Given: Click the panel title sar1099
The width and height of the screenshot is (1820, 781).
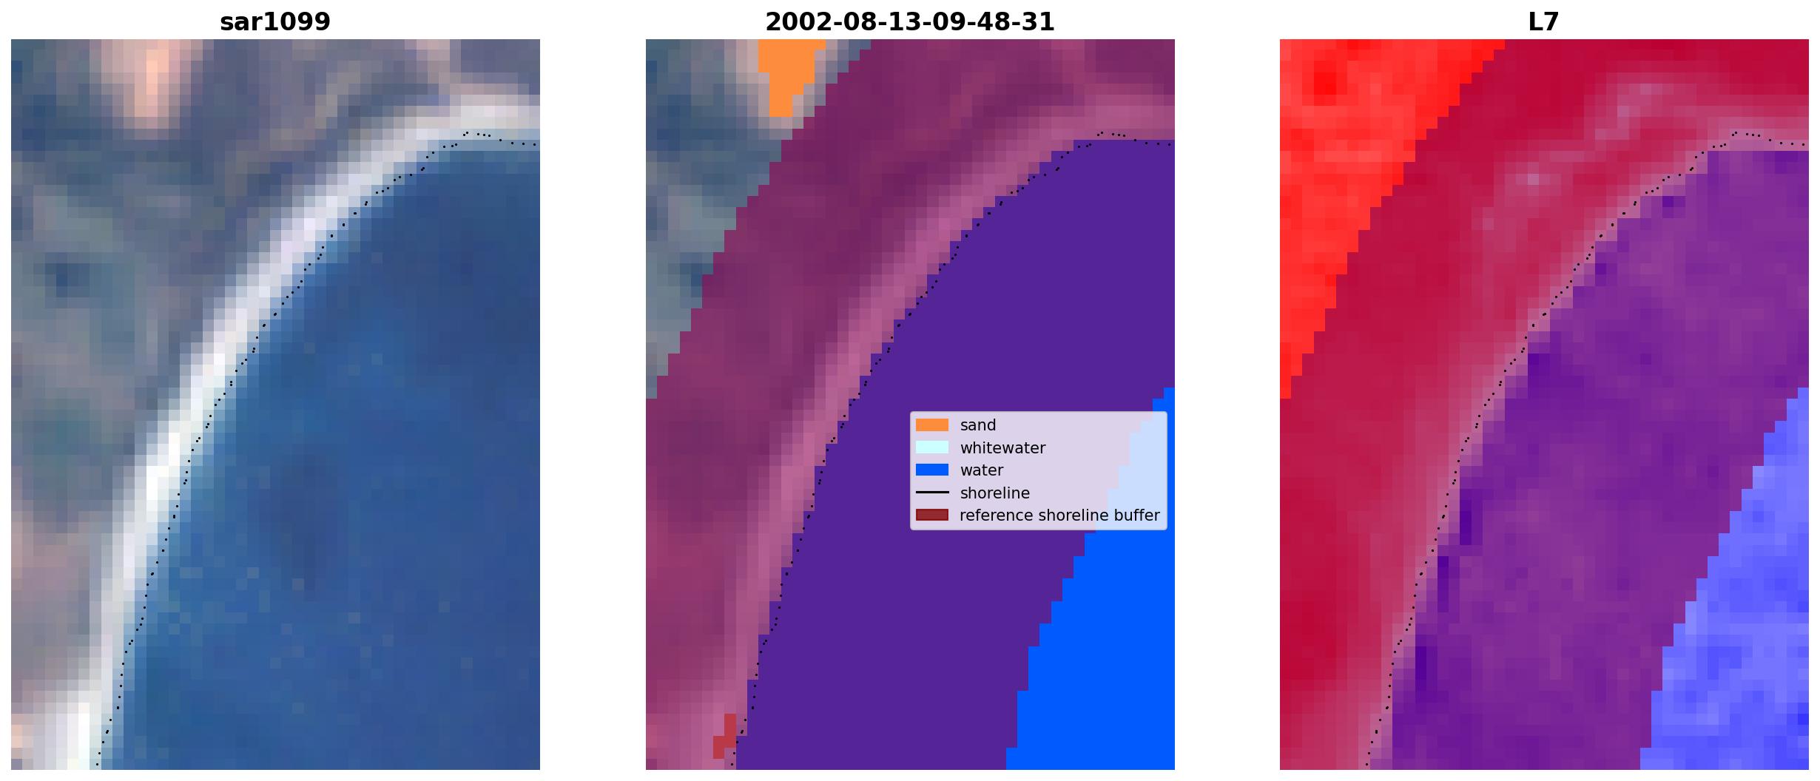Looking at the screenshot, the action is [275, 21].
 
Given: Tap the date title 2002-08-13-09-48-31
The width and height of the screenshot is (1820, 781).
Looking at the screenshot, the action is [910, 21].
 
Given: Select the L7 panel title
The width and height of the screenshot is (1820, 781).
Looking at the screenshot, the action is [1544, 21].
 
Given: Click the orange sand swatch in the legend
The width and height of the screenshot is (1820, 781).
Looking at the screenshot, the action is [932, 425].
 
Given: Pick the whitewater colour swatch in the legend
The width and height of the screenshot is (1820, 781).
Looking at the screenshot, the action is [932, 447].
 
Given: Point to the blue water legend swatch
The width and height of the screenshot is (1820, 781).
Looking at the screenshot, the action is [932, 470].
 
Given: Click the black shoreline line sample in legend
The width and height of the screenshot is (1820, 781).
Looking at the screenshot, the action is [932, 493].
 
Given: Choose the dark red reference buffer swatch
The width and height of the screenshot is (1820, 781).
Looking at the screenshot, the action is [932, 515].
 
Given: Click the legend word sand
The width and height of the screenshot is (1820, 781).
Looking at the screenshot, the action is [978, 425].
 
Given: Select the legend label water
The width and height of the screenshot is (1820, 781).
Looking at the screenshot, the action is [982, 470].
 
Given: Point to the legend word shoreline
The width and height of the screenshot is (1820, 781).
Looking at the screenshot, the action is [995, 493].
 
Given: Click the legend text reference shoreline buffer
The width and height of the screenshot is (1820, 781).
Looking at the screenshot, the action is [1059, 515].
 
